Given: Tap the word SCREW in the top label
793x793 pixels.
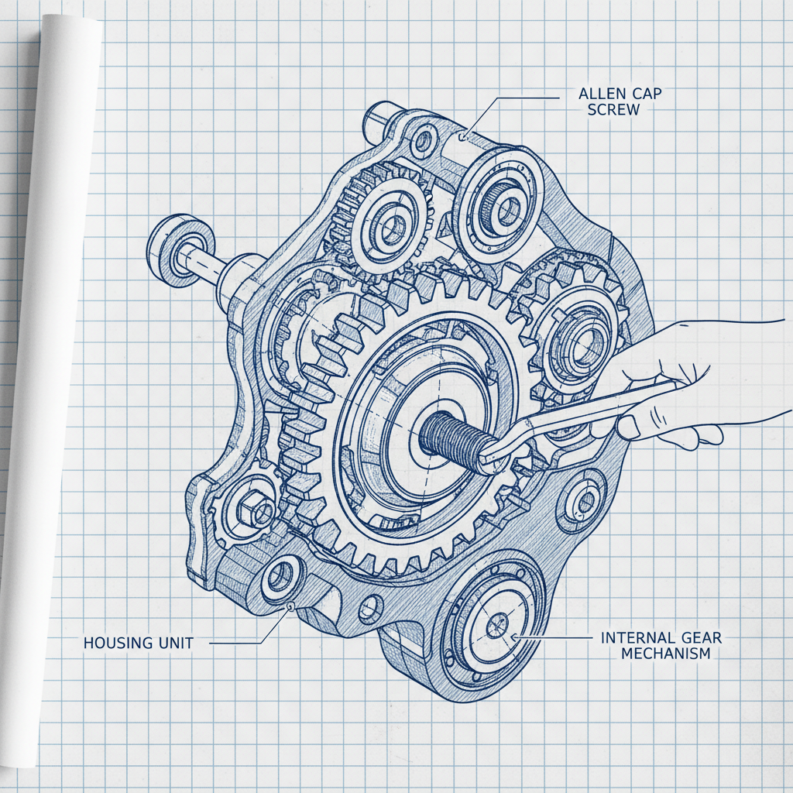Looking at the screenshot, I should coord(613,110).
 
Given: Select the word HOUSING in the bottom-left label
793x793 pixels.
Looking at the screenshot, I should coord(115,643).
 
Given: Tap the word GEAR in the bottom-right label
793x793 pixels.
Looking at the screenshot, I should coord(702,638).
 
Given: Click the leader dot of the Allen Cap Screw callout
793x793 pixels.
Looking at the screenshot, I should coord(462,136).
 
